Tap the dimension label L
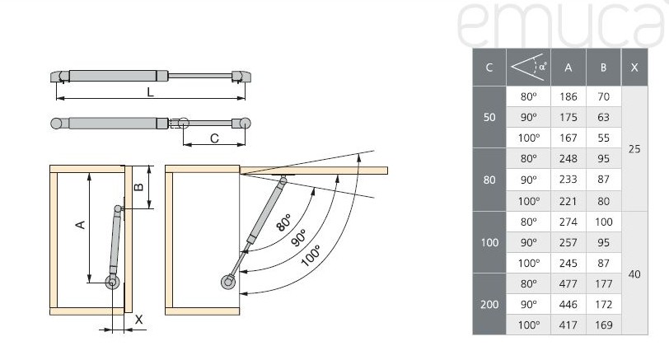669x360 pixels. pos(150,92)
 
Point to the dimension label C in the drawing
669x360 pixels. pos(214,138)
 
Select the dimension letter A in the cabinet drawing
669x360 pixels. pos(80,224)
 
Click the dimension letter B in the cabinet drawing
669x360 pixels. pos(138,187)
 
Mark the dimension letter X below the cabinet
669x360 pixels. pos(138,320)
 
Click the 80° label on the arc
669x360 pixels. pos(283,222)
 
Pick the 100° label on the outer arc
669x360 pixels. pos(311,255)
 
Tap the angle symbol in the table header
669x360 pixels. pos(528,67)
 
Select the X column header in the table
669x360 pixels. pos(634,68)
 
